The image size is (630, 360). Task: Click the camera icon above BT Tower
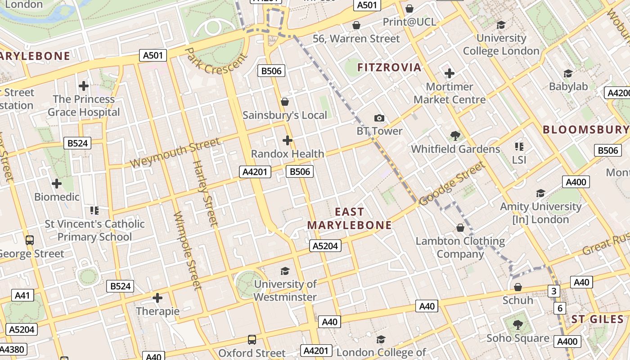click(379, 118)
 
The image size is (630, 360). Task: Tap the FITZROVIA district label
click(389, 67)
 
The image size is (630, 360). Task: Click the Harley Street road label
click(205, 193)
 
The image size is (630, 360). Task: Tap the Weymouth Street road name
click(175, 153)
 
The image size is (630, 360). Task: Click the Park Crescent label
click(216, 61)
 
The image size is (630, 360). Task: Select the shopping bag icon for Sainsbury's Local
click(284, 102)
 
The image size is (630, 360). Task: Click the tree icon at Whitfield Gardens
click(455, 135)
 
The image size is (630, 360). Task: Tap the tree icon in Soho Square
click(518, 324)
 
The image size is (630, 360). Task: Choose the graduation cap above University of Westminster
click(285, 271)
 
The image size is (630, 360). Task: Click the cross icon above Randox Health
click(288, 140)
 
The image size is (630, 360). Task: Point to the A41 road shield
click(22, 295)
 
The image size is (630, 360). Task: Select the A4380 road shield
click(12, 349)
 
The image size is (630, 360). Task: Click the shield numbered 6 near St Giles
click(560, 308)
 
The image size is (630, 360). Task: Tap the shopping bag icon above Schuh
click(518, 287)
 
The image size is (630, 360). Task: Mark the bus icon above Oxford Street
click(252, 340)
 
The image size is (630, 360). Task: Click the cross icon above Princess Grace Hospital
click(84, 85)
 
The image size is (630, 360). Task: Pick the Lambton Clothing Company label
click(460, 247)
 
